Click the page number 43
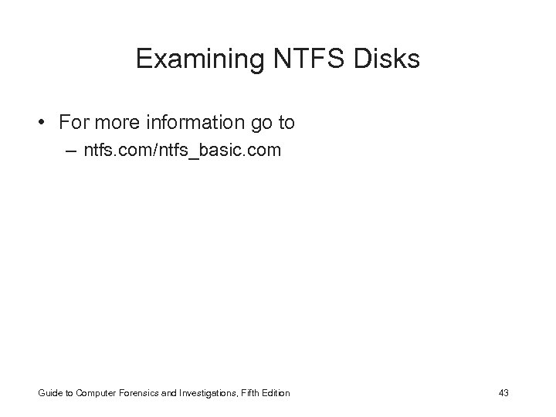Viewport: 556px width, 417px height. [504, 393]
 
